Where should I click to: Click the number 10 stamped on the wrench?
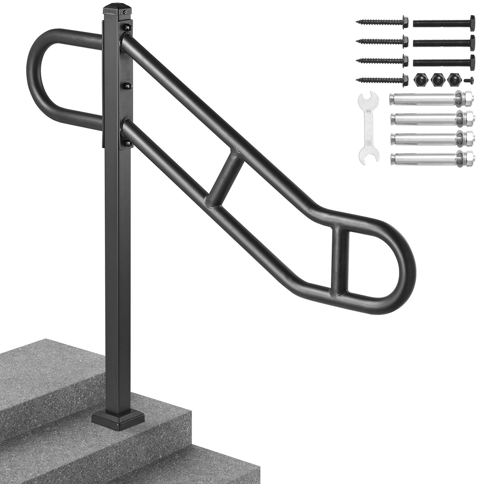pos(368,111)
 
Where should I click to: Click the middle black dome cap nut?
pos(436,79)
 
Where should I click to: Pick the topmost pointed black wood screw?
pos(381,22)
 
